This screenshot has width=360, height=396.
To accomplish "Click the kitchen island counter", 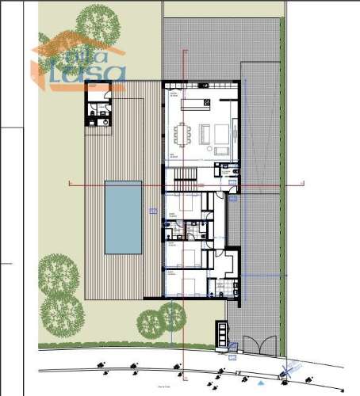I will [x=201, y=104].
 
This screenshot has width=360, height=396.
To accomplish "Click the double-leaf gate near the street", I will [x=258, y=345].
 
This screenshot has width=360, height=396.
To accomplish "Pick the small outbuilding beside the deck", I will [x=100, y=114].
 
